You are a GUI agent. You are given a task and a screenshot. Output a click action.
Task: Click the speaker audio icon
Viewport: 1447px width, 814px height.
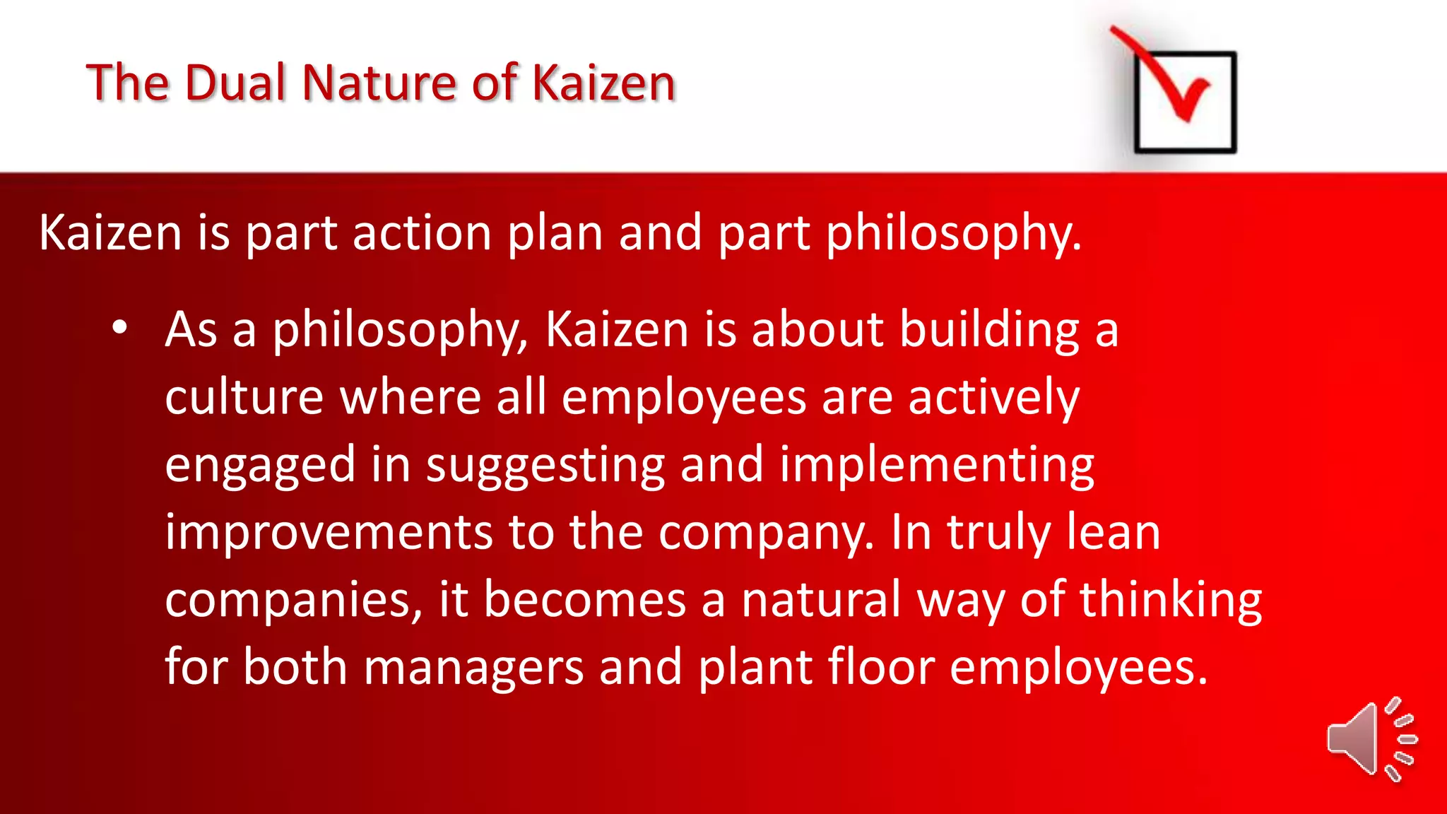point(1371,739)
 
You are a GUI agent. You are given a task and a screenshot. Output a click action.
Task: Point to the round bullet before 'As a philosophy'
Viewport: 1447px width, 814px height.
point(119,328)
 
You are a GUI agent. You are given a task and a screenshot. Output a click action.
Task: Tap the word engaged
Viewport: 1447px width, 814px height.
point(259,465)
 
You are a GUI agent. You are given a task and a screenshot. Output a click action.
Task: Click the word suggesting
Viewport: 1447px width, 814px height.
point(545,465)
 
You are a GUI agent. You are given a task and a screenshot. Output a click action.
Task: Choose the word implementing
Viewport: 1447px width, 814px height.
point(937,465)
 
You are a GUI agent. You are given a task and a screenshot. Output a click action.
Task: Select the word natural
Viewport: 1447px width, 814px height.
point(820,599)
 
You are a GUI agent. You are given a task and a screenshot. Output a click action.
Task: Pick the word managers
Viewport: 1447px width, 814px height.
point(473,666)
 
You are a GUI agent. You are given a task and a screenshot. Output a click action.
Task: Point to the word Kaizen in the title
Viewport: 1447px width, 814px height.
point(603,83)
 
